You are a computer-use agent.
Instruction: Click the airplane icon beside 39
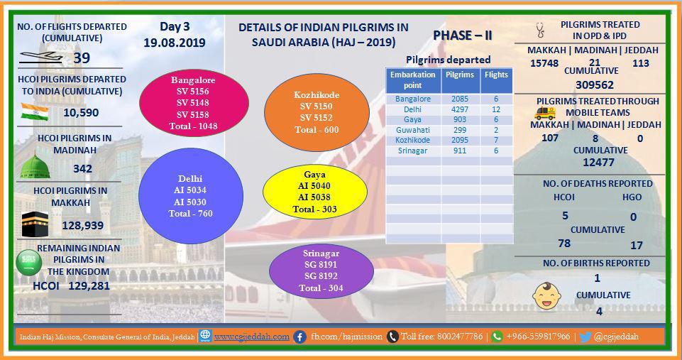(41, 57)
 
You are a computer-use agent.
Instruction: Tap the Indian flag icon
(35, 112)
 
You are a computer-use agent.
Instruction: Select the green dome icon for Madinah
(35, 166)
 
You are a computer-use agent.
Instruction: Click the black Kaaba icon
(35, 224)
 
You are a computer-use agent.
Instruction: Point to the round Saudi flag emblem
(28, 263)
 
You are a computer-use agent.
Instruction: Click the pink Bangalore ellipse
(194, 103)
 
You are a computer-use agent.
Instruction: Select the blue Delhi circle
(190, 196)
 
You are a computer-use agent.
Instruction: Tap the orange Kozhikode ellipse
(317, 112)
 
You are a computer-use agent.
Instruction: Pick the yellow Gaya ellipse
(315, 192)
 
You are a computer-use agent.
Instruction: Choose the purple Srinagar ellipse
(321, 271)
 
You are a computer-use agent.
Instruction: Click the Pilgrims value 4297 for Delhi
(460, 109)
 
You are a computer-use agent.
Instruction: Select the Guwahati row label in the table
(413, 130)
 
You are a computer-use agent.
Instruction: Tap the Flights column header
(496, 75)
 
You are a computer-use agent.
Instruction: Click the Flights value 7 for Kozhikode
(496, 140)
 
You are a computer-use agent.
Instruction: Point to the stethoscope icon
(541, 30)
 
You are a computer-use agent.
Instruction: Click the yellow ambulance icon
(545, 113)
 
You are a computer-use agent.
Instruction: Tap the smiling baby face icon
(546, 296)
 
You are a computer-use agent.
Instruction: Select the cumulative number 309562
(595, 85)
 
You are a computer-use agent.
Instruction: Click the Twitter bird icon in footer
(585, 337)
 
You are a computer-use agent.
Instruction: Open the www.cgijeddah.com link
(251, 337)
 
